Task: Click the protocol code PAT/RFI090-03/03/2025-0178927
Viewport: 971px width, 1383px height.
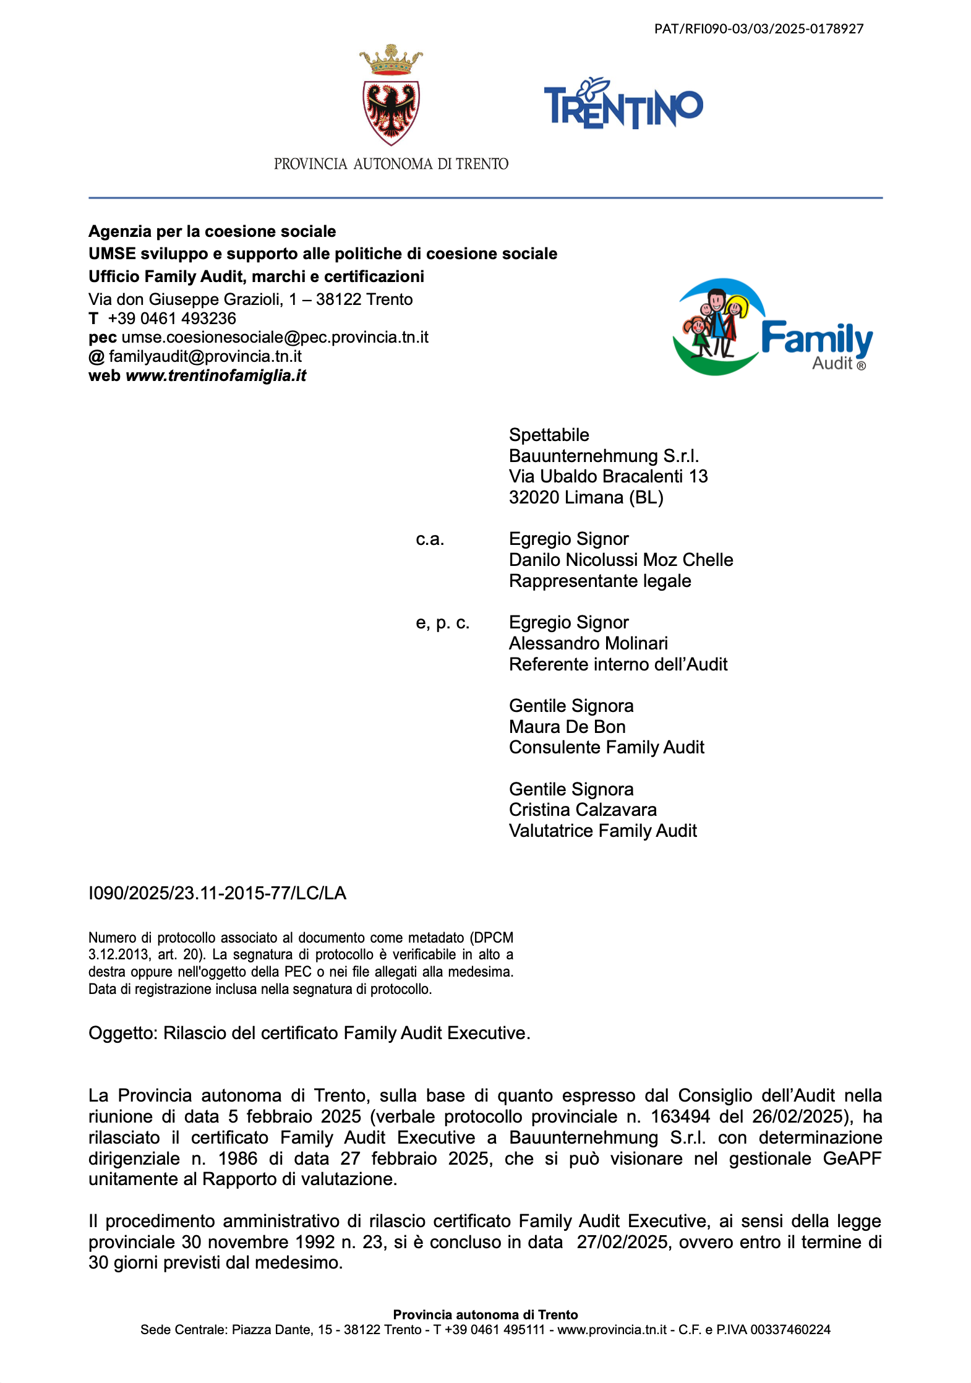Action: [x=758, y=28]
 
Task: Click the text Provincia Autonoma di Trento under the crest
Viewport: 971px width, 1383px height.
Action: [x=391, y=164]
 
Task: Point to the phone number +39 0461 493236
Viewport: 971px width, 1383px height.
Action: [x=172, y=319]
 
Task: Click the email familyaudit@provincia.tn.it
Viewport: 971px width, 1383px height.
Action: [x=205, y=356]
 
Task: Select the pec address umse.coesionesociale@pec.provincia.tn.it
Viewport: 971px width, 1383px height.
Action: [x=275, y=337]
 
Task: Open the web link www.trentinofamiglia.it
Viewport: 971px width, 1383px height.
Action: [x=216, y=375]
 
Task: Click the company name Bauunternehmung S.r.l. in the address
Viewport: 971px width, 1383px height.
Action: [x=604, y=456]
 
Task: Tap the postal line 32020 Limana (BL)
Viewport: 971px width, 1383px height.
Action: [x=586, y=497]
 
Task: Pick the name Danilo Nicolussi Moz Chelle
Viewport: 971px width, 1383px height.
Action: [x=620, y=560]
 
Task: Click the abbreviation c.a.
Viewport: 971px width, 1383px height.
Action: [x=430, y=539]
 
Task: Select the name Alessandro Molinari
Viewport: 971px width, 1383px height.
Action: [x=588, y=643]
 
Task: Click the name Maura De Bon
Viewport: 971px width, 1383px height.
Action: [x=567, y=727]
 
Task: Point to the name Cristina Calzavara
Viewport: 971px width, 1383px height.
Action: [x=583, y=810]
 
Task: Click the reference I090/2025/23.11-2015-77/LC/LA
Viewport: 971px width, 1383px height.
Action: [x=217, y=893]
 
